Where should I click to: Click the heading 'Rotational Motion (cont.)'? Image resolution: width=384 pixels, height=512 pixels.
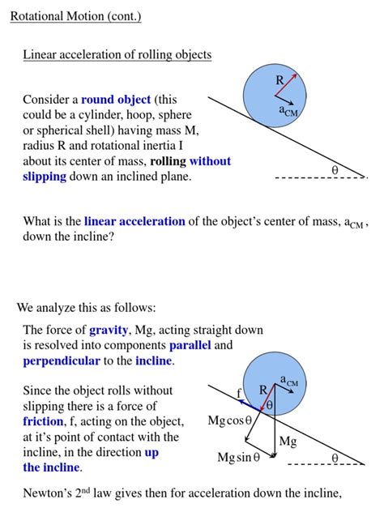76,17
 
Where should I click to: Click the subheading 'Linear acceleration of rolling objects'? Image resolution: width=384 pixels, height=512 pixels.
117,55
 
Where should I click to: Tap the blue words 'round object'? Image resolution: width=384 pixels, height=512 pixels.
116,100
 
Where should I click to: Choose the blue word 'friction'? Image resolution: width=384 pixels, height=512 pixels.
43,421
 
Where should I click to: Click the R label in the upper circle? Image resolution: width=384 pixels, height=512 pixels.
279,80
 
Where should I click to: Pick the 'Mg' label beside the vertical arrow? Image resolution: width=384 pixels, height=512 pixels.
288,442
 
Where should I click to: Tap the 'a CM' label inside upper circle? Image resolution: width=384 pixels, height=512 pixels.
289,112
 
